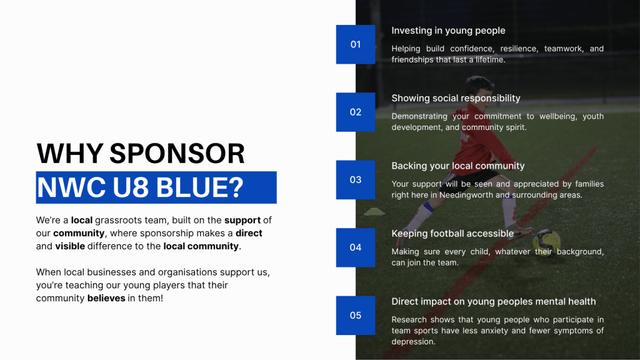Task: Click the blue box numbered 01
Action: (x=356, y=44)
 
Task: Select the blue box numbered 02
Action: (x=356, y=112)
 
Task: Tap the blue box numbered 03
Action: (x=356, y=180)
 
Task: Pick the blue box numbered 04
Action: (x=356, y=247)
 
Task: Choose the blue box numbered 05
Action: (x=356, y=316)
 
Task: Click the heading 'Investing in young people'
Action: (x=448, y=31)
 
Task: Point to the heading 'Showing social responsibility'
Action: (x=456, y=98)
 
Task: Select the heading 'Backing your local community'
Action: (x=458, y=166)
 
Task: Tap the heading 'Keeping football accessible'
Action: (x=452, y=234)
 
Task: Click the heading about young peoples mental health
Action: (x=494, y=302)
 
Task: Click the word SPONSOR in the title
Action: (x=177, y=154)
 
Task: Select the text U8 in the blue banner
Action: (x=131, y=187)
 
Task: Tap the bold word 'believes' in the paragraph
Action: (x=106, y=298)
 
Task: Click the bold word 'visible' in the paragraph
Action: (x=70, y=246)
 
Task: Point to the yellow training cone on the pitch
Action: (x=374, y=211)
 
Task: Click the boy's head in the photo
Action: (x=479, y=91)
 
